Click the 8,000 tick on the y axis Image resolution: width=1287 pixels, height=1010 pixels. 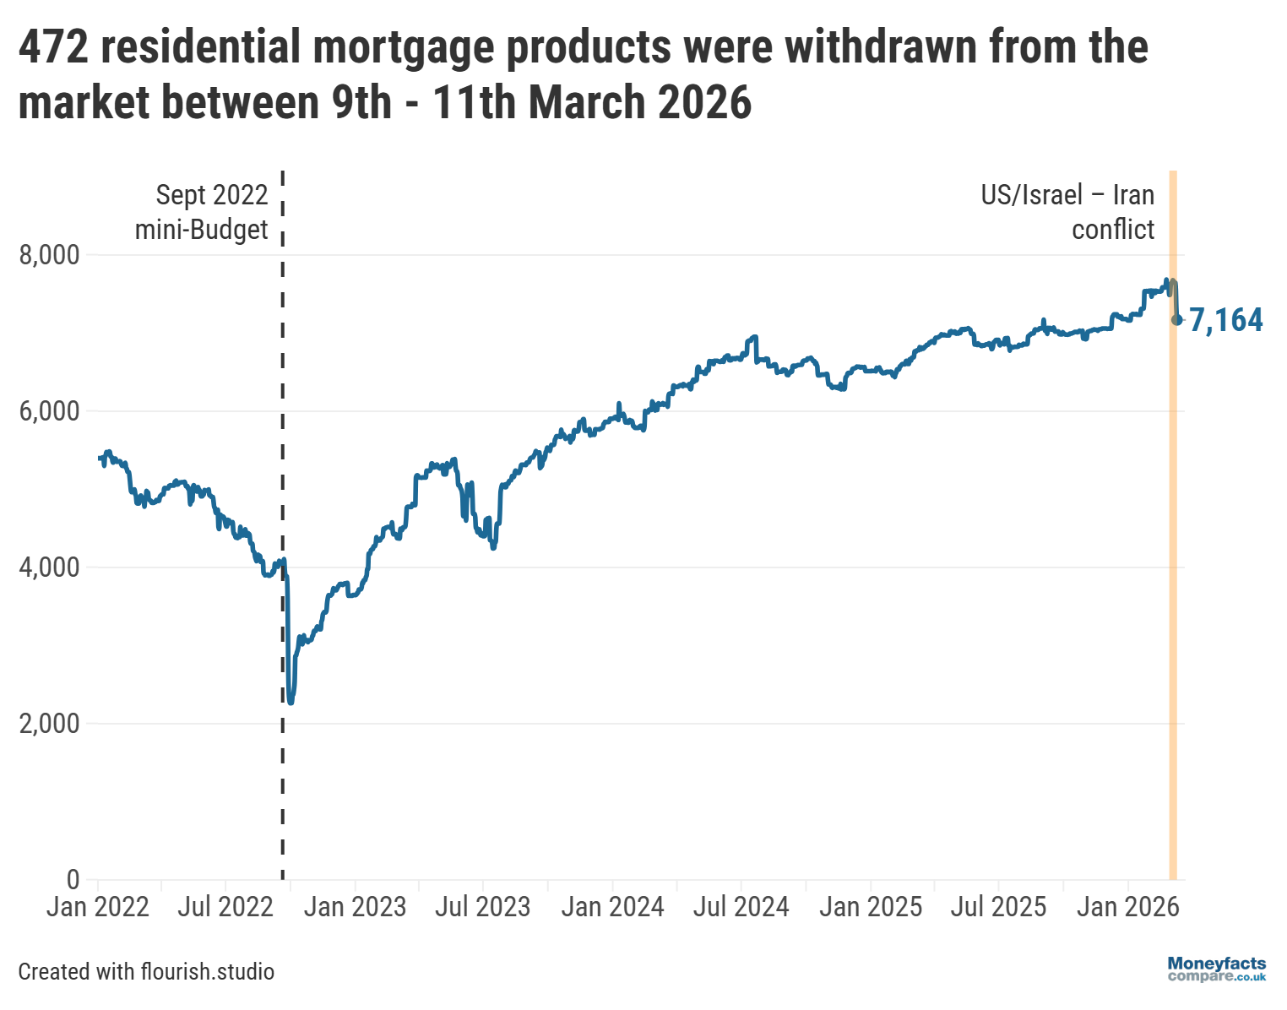pyautogui.click(x=49, y=255)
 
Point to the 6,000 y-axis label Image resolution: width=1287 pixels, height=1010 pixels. pyautogui.click(x=49, y=411)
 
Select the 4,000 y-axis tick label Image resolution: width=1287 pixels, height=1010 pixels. pyautogui.click(x=49, y=567)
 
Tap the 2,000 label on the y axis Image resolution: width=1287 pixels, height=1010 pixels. pyautogui.click(x=49, y=724)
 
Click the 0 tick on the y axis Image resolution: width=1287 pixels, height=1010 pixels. pyautogui.click(x=72, y=879)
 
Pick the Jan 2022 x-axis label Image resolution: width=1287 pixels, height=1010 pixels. pyautogui.click(x=97, y=907)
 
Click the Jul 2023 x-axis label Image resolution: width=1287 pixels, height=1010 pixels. pyautogui.click(x=482, y=907)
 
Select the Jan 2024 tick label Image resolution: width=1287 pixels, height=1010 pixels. pyautogui.click(x=612, y=907)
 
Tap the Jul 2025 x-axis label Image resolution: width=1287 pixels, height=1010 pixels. pyautogui.click(x=998, y=907)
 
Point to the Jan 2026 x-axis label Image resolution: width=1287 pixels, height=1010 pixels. pyautogui.click(x=1127, y=907)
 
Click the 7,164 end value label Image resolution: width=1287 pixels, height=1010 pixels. pyautogui.click(x=1226, y=320)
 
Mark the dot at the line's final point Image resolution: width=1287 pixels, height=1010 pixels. pyautogui.click(x=1177, y=319)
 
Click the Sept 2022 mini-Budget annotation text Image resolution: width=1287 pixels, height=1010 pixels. pyautogui.click(x=203, y=212)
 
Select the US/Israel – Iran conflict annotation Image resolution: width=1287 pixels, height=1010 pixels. pyautogui.click(x=1068, y=212)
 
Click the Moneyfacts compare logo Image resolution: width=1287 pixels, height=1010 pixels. pyautogui.click(x=1216, y=969)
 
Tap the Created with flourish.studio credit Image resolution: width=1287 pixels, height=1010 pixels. pyautogui.click(x=146, y=972)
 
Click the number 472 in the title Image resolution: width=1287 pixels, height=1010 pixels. pyautogui.click(x=53, y=47)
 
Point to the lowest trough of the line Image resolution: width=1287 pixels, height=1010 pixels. pyautogui.click(x=291, y=701)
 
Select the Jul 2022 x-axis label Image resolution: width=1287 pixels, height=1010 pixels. pyautogui.click(x=225, y=907)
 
